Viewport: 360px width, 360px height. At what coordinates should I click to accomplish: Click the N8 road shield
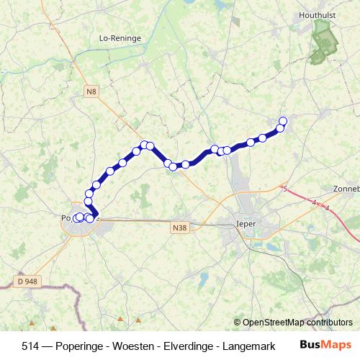90,91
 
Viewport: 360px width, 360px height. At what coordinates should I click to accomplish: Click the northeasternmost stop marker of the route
283,121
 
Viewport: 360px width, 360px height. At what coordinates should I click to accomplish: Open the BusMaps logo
325,346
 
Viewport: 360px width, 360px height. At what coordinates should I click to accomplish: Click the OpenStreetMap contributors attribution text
297,323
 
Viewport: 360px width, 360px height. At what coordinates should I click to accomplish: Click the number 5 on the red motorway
285,189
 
